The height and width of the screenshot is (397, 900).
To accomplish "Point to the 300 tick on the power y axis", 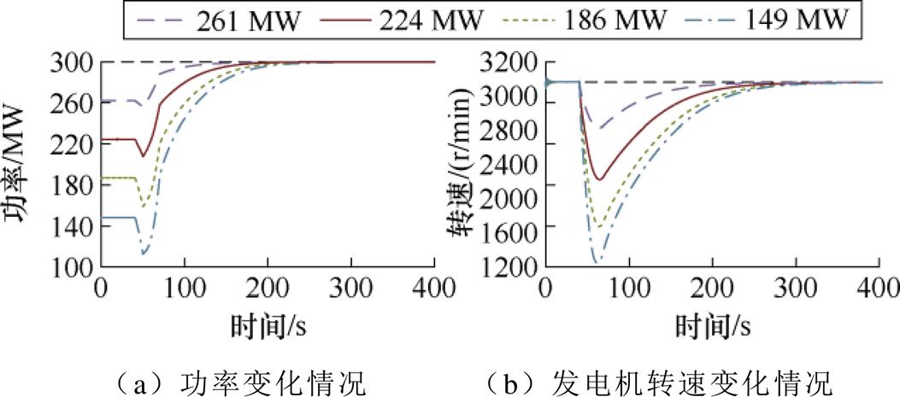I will [x=73, y=62].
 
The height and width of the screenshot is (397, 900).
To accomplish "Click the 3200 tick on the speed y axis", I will [x=510, y=62].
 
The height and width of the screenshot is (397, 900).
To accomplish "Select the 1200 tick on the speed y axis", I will [x=510, y=267].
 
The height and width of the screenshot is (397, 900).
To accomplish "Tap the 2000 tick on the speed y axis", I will [x=510, y=185].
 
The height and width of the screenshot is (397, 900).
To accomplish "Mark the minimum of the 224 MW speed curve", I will [x=600, y=179].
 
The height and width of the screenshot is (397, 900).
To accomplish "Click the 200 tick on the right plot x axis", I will [x=713, y=289].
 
